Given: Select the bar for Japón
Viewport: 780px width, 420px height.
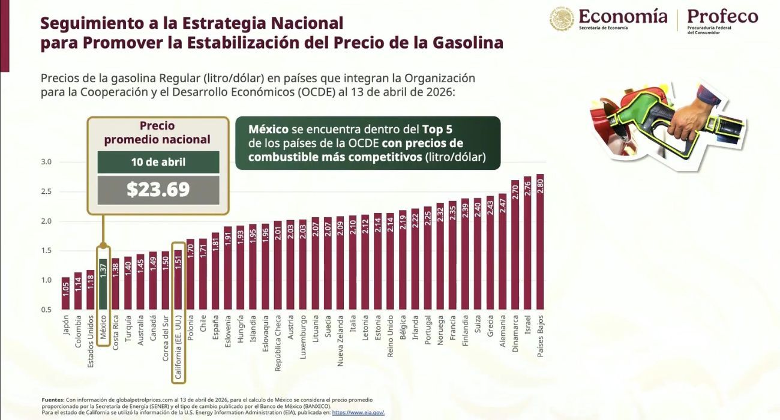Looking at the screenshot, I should pos(65,294).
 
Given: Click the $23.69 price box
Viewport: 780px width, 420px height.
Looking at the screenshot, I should pos(158,190).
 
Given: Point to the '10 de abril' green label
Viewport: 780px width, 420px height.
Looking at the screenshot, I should pos(158,163).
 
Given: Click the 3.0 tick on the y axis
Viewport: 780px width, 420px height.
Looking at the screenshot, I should pos(47,162).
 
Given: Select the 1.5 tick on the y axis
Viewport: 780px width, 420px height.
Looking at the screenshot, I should pos(47,251).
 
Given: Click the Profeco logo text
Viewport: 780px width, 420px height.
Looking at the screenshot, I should pos(722,16).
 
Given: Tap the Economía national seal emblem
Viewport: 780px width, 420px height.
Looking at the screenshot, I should pos(562,19).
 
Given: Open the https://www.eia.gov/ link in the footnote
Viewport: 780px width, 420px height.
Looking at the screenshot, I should pos(358,413).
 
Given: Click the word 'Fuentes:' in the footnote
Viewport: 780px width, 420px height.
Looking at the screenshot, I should pos(53,400).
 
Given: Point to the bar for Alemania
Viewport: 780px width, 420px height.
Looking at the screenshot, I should pos(502,252).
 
